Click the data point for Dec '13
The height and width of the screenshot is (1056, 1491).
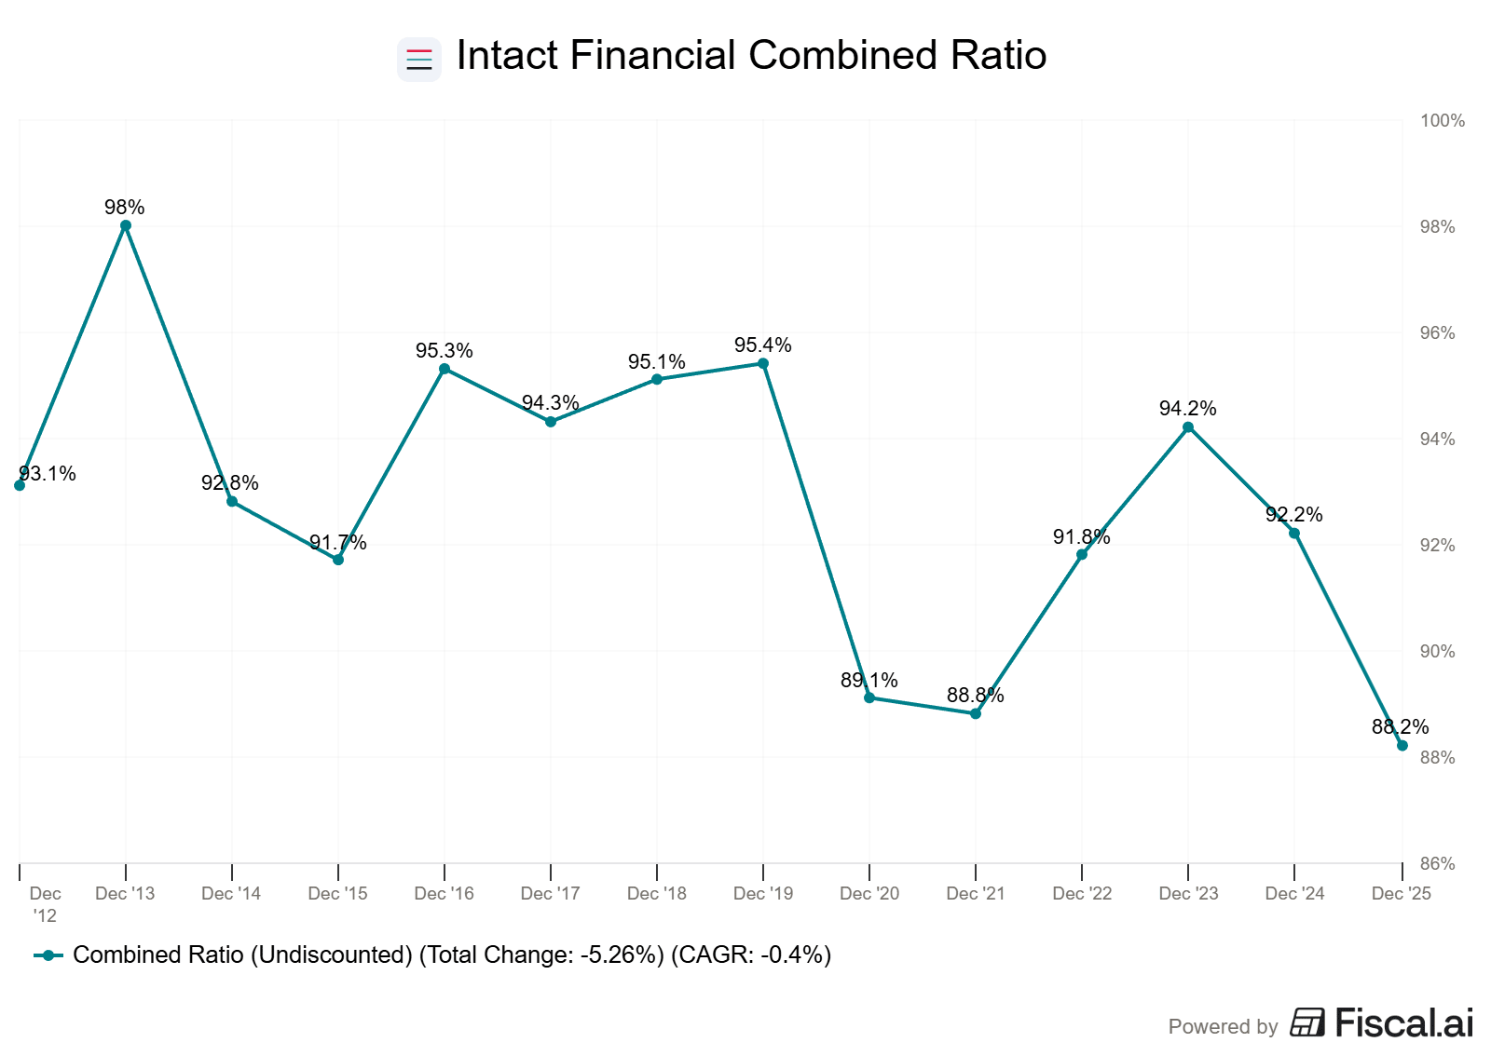click(126, 225)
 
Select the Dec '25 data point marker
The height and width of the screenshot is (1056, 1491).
click(1402, 745)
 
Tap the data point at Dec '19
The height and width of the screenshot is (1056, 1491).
click(763, 363)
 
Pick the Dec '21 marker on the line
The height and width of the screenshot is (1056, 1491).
click(976, 713)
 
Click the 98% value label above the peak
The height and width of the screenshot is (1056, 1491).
click(125, 208)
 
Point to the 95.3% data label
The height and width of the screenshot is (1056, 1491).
click(444, 351)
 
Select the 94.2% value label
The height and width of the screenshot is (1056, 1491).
click(1187, 409)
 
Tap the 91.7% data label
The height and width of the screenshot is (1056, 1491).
click(337, 543)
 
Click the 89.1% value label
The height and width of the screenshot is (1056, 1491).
click(869, 681)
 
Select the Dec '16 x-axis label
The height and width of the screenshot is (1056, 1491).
click(444, 894)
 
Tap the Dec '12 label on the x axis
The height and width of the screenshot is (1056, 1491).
click(45, 904)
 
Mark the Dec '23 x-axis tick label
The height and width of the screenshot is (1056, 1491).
click(1188, 894)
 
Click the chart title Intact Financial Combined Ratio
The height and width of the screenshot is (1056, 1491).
click(751, 56)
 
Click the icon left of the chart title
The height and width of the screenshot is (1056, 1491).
click(419, 59)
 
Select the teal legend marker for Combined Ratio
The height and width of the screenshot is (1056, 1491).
click(48, 955)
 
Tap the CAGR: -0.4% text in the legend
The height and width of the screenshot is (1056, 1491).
click(751, 955)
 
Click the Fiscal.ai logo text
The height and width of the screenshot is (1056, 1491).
click(1403, 1023)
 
